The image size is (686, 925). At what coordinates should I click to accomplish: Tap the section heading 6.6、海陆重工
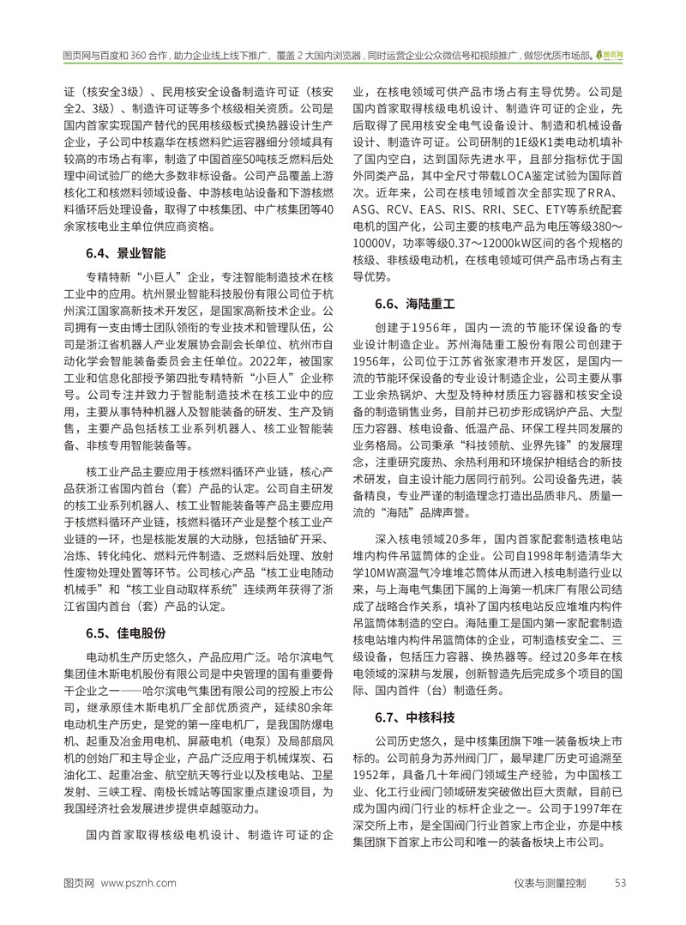click(416, 304)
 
